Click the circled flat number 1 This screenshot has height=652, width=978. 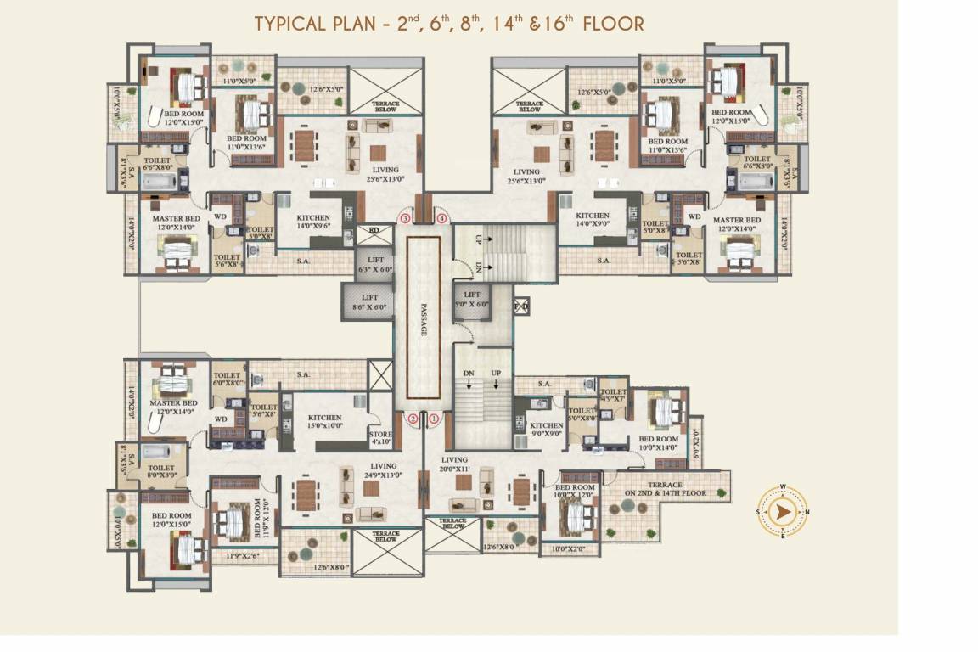coord(434,418)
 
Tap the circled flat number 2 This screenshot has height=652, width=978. coord(413,418)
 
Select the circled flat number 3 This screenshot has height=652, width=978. coord(405,218)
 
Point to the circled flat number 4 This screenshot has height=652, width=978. coord(441,218)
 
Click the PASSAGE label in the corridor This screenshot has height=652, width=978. coord(423,318)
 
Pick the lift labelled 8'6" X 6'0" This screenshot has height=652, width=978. coord(368,302)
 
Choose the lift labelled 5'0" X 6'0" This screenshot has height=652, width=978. coord(472,300)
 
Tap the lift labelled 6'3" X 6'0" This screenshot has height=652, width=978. coord(374,264)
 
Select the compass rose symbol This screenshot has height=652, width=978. coord(782,511)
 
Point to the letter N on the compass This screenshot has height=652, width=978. coord(807,511)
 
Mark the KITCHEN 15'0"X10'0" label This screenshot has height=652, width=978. coord(324,421)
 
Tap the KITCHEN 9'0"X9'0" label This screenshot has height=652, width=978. coord(546,430)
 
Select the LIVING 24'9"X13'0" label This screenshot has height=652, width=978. coord(383,470)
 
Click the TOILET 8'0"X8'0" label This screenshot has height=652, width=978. coord(160,471)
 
